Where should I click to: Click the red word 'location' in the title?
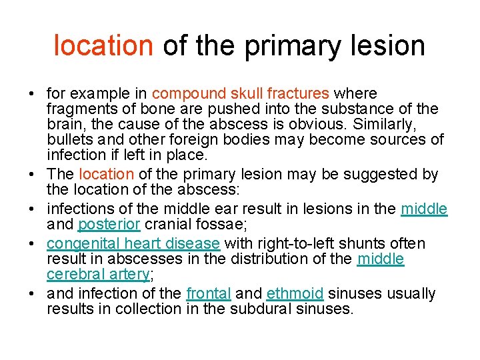(103, 46)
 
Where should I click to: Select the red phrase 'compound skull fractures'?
(240, 94)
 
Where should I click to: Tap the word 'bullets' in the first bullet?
(70, 140)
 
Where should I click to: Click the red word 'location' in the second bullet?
(106, 175)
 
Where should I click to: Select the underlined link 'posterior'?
(109, 225)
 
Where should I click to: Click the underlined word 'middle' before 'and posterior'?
(424, 209)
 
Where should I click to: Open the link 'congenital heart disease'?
(133, 244)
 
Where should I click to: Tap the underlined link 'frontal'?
(209, 294)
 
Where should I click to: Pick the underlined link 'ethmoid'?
(295, 294)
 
